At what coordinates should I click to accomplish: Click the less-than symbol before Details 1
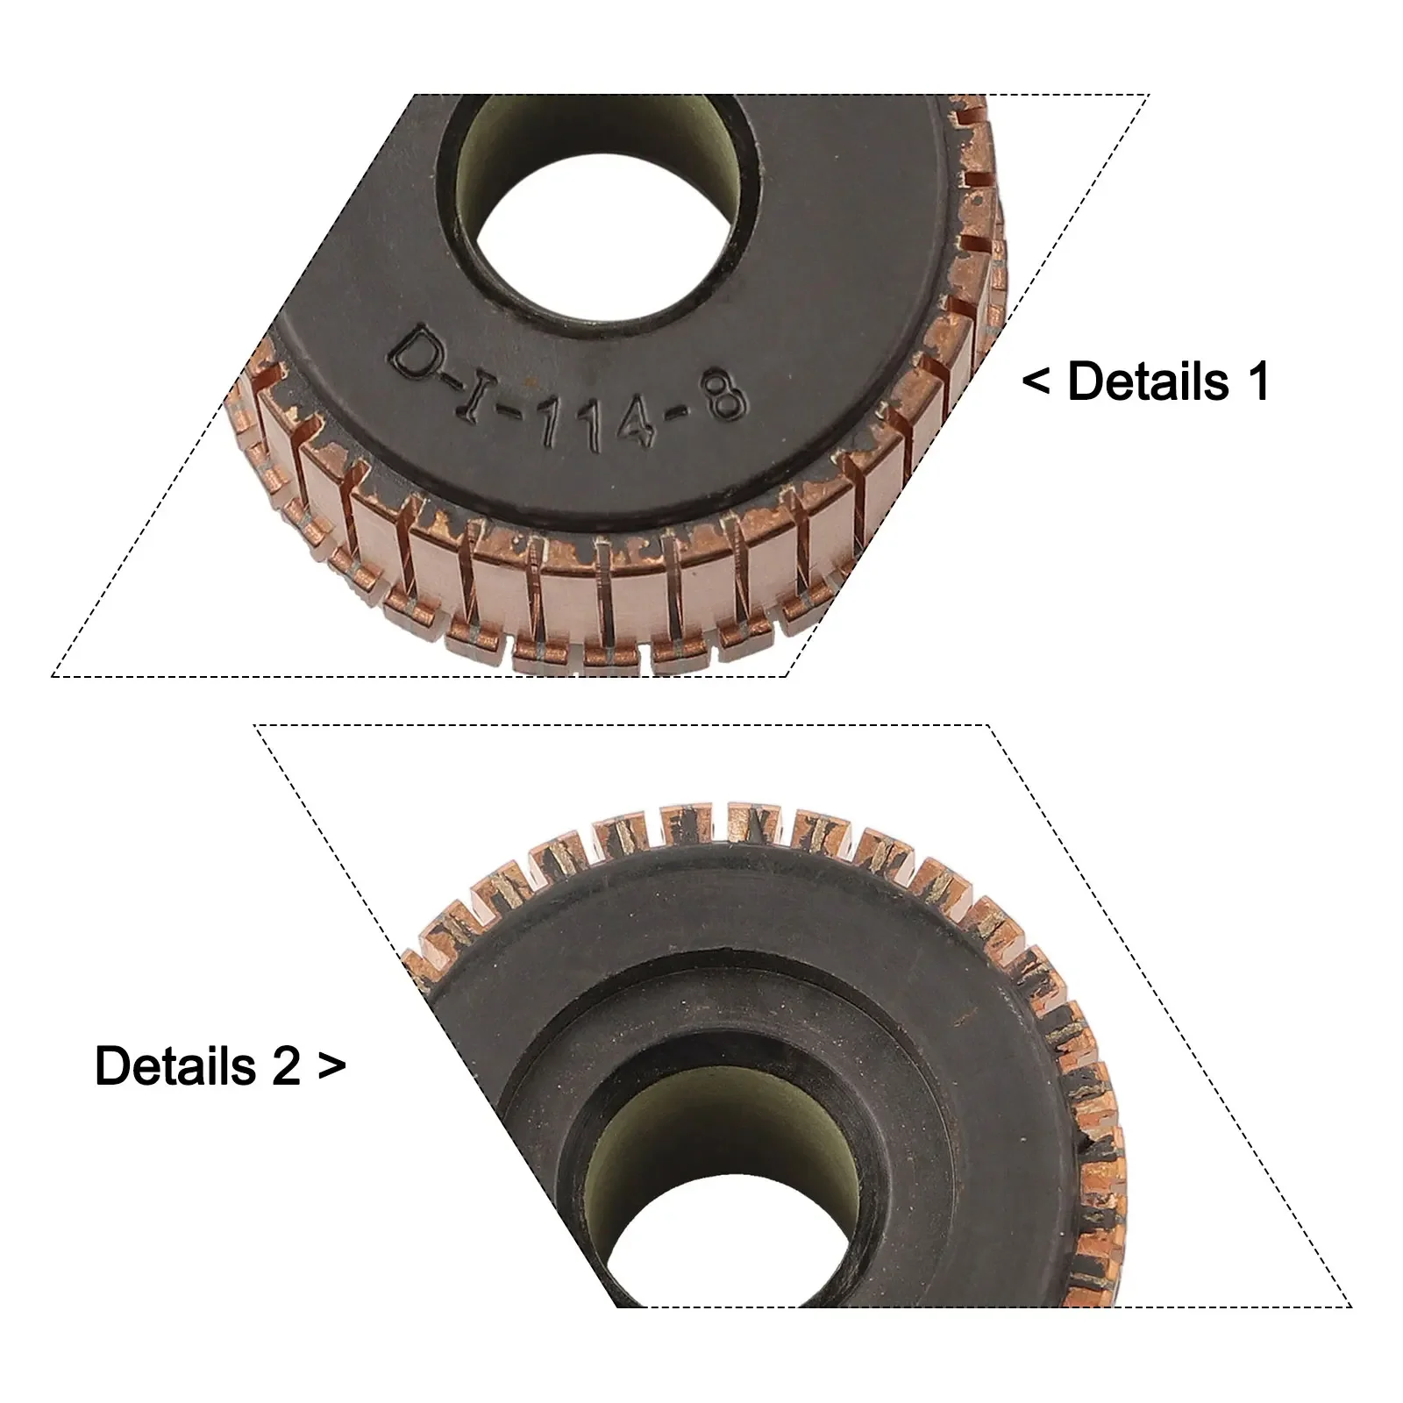click(x=1037, y=383)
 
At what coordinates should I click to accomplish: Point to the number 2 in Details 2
click(x=286, y=1066)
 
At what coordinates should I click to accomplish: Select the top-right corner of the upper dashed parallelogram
click(x=1149, y=94)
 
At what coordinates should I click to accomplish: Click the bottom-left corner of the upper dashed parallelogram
click(x=53, y=676)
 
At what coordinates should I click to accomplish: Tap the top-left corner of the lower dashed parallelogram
click(x=254, y=725)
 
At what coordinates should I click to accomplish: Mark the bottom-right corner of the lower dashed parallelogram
click(x=1351, y=1307)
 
